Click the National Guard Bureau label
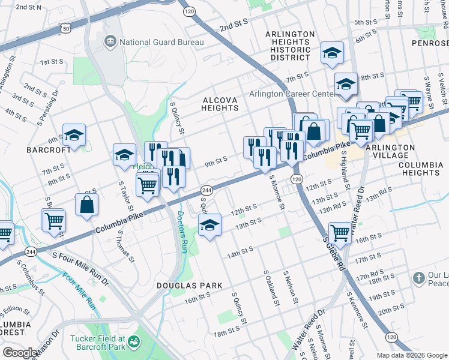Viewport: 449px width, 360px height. pyautogui.click(x=161, y=42)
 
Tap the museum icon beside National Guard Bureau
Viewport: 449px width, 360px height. pyautogui.click(x=110, y=41)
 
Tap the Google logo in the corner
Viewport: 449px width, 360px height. pyautogui.click(x=20, y=353)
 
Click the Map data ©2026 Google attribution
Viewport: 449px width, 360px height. pyautogui.click(x=411, y=355)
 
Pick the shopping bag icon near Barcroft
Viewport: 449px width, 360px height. pyautogui.click(x=87, y=205)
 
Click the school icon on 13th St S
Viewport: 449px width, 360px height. pyautogui.click(x=209, y=226)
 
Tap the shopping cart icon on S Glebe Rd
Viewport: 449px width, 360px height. pyautogui.click(x=340, y=232)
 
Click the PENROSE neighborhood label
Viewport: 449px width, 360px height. pyautogui.click(x=430, y=44)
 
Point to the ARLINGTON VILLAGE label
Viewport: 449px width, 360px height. pyautogui.click(x=390, y=151)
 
